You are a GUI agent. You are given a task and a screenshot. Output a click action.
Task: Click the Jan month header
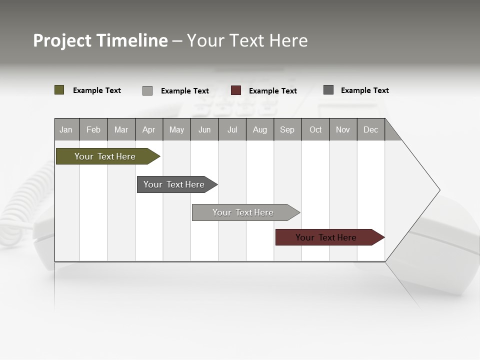click(x=66, y=129)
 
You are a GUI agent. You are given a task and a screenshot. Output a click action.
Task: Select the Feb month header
click(x=93, y=129)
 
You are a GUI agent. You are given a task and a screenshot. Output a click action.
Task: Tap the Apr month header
click(x=149, y=129)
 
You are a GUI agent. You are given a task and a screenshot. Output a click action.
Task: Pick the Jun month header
click(x=204, y=129)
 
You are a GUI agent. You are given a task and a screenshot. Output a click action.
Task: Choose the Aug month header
click(x=260, y=129)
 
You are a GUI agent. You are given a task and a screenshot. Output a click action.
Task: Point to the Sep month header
click(x=287, y=129)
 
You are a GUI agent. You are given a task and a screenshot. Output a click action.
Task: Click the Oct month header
click(x=315, y=129)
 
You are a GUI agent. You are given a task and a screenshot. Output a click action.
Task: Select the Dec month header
click(x=371, y=129)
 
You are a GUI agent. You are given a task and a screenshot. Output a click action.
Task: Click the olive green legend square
click(x=59, y=90)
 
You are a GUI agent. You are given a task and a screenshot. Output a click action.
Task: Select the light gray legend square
click(x=147, y=90)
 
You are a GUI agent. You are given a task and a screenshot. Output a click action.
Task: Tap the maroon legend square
click(x=236, y=90)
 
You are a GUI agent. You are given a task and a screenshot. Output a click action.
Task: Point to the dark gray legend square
click(x=328, y=90)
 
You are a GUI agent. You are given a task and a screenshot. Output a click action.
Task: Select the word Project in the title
click(x=62, y=40)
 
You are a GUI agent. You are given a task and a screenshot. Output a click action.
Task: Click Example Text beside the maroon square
click(x=273, y=91)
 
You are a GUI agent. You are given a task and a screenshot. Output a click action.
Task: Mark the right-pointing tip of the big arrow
click(x=439, y=190)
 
